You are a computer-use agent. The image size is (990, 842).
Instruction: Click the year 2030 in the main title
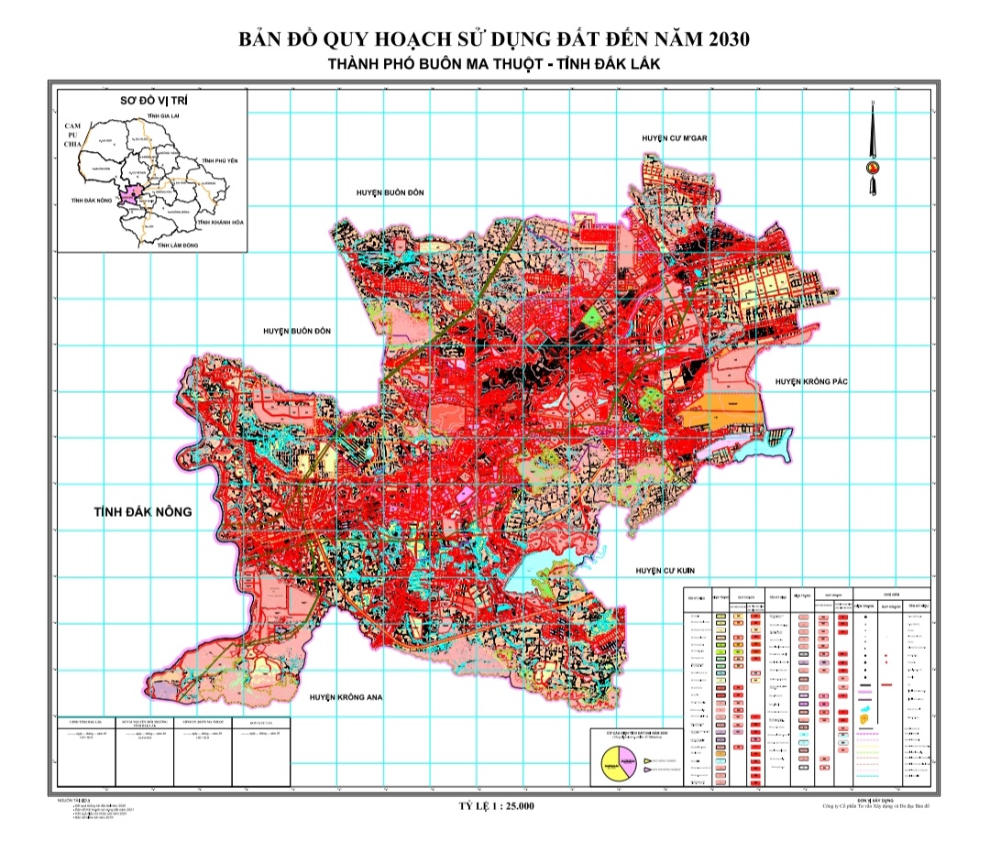pyautogui.click(x=723, y=40)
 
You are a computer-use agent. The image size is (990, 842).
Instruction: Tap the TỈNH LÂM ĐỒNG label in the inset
pyautogui.click(x=179, y=246)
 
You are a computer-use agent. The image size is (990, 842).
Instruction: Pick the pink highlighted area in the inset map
pyautogui.click(x=135, y=194)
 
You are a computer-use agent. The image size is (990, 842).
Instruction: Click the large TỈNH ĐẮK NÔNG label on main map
pyautogui.click(x=142, y=511)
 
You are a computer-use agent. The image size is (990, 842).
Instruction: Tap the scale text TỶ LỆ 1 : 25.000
pyautogui.click(x=495, y=806)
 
